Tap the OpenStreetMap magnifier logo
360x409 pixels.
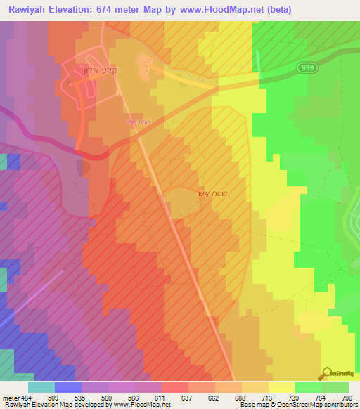[x=327, y=373]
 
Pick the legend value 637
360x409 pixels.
[x=187, y=398]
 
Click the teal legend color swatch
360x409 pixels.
[x=41, y=387]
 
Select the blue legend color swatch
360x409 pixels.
[x=68, y=387]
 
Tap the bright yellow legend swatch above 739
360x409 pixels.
[x=281, y=387]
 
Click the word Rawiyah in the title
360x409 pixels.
[x=30, y=10]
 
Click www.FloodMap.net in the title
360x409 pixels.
[x=226, y=10]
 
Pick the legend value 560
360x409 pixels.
[x=107, y=398]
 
